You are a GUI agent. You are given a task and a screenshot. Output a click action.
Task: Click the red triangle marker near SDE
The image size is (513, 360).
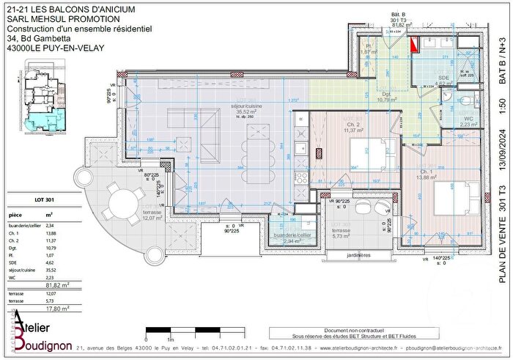click(415, 45)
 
